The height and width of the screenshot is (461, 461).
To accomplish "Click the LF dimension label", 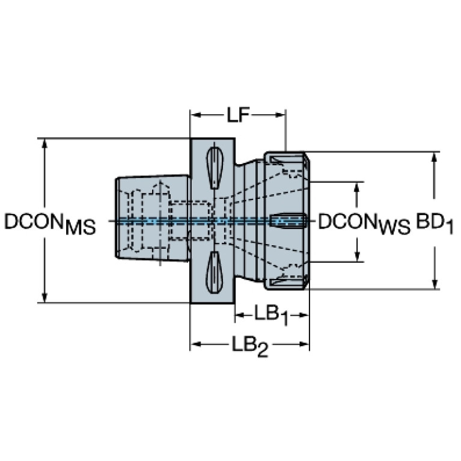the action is click(x=238, y=115).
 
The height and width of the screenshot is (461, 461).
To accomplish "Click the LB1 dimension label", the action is click(x=271, y=316).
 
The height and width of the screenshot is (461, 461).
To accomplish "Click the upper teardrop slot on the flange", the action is click(x=215, y=168).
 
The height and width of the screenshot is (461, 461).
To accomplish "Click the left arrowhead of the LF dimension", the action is click(x=196, y=115).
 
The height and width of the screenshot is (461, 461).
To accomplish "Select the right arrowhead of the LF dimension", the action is click(x=280, y=115).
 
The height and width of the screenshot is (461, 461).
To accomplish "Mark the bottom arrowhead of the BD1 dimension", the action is click(x=435, y=284).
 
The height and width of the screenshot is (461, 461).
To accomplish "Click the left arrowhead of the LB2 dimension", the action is click(x=196, y=344).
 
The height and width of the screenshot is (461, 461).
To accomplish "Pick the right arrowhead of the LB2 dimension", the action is click(x=304, y=344).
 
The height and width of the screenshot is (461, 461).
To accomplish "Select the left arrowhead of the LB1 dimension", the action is click(x=240, y=315).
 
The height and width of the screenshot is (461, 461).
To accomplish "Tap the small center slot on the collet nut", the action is click(x=287, y=221).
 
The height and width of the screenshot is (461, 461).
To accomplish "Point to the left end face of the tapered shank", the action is click(x=116, y=218).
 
